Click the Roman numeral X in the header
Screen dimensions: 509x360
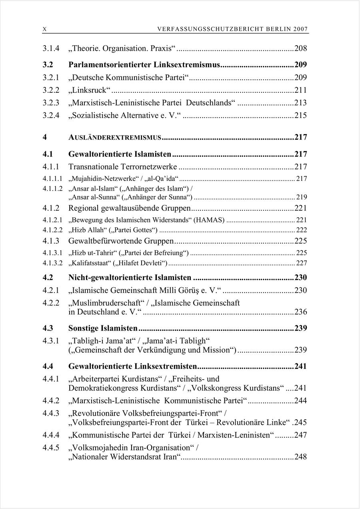click(x=44, y=29)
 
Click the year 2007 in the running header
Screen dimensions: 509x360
click(x=300, y=29)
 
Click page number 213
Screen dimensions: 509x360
click(x=300, y=103)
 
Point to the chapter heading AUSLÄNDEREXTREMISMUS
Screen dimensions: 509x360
click(x=115, y=137)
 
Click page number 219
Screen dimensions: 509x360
click(x=302, y=197)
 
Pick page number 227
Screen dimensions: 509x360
click(x=302, y=263)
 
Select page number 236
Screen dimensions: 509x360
click(x=300, y=312)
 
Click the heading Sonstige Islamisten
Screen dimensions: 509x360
click(x=103, y=329)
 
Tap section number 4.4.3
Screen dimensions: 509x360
click(x=51, y=413)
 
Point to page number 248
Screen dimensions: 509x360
click(x=300, y=457)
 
